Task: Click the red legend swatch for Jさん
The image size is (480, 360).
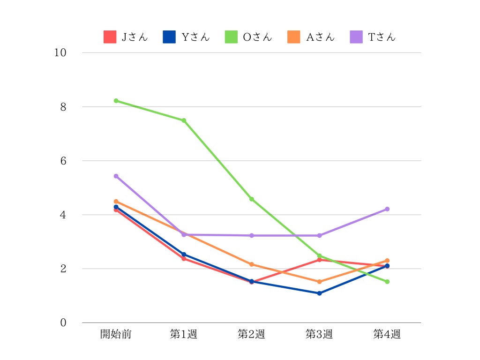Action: coord(110,37)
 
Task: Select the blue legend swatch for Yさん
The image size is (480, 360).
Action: coord(169,37)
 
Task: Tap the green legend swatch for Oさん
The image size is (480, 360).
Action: coord(231,37)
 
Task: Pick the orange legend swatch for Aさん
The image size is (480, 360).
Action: coord(293,37)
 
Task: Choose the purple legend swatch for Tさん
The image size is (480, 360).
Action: coord(356,37)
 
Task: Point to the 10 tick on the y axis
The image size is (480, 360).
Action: coord(60,52)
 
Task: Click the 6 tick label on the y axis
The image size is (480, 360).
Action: coord(63,161)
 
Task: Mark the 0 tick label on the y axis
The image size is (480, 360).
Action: coord(63,323)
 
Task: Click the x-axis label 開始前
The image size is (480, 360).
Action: coord(116,334)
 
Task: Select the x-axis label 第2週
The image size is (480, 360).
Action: coord(251,334)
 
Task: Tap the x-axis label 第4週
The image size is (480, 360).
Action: coord(387,334)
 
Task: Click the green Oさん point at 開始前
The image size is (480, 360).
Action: coord(116,101)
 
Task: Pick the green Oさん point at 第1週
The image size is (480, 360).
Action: coord(184,120)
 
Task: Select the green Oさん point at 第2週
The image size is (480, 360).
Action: coord(252,199)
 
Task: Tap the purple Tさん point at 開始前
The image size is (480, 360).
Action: coord(116,176)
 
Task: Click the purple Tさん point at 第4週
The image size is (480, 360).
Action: coord(387,209)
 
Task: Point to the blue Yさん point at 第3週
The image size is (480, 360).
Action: coord(319,293)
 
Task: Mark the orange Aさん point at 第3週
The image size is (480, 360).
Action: coord(319,282)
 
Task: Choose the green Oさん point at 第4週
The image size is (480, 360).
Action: coord(387,282)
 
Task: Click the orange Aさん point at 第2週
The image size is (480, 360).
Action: coord(252,264)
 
